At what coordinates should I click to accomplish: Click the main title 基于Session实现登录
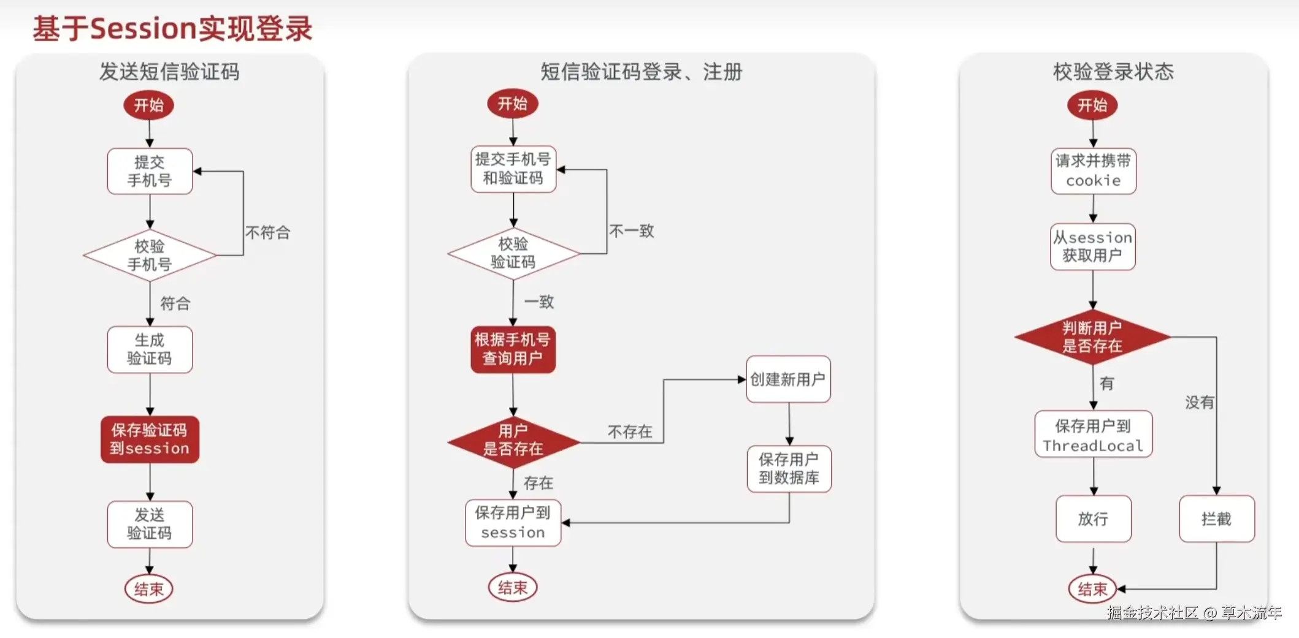coord(172,29)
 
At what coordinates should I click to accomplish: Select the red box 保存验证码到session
coord(150,439)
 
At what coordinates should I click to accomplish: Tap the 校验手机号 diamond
coord(150,255)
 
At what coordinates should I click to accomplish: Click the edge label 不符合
coord(267,232)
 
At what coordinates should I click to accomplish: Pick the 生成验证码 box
coord(150,349)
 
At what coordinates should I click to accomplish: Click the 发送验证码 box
coord(150,524)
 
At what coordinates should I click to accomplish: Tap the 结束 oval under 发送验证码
coord(149,589)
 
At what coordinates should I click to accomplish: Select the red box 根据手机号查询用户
coord(513,349)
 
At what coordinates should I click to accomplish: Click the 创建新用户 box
coord(788,379)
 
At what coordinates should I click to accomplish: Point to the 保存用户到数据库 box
coord(789,469)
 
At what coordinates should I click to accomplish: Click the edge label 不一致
coord(631,231)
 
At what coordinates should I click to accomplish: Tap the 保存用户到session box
coord(513,523)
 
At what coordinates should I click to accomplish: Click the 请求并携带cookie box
coord(1093,171)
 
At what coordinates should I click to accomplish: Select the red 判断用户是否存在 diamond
coord(1092,337)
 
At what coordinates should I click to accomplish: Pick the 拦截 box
coord(1216,519)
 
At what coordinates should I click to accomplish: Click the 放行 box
coord(1093,519)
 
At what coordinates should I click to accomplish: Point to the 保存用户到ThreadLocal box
coord(1093,435)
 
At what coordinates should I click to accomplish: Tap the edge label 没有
coord(1199,403)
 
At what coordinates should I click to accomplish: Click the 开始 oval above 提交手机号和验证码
coord(512,104)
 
